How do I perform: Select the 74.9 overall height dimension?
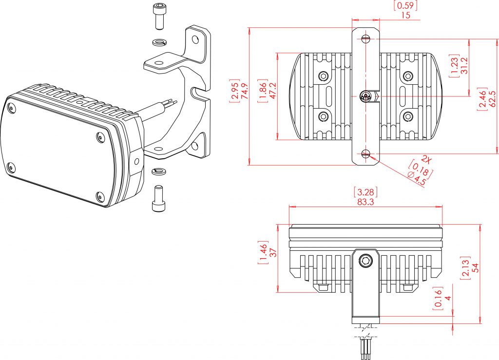[245, 91]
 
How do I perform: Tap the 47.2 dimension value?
[273, 91]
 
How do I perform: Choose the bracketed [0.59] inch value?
[405, 6]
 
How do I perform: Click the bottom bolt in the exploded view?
[158, 198]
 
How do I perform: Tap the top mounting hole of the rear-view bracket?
[365, 39]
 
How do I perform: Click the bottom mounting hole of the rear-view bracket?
[365, 154]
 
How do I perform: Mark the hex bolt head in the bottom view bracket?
[365, 262]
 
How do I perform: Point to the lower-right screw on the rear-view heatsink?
[407, 116]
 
